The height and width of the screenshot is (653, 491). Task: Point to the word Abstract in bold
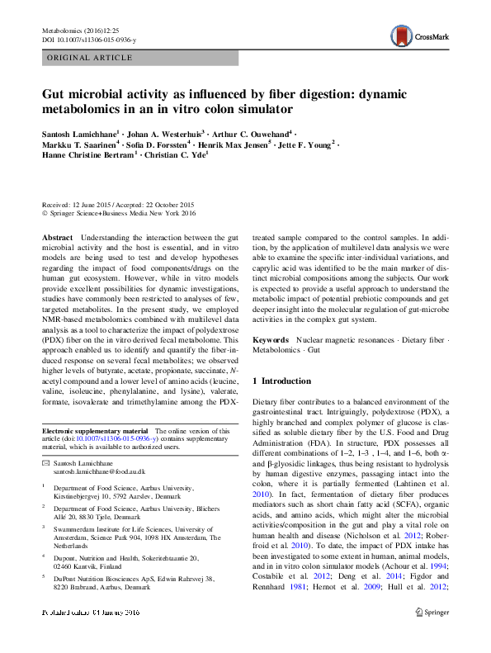point(57,236)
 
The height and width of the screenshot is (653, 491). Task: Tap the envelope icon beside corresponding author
point(45,462)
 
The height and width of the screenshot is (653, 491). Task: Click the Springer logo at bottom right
point(432,636)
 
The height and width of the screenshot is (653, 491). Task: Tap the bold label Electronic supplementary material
point(95,431)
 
